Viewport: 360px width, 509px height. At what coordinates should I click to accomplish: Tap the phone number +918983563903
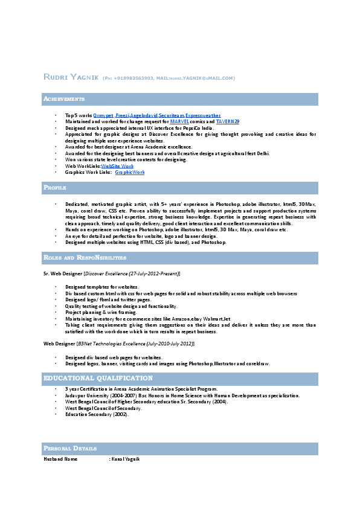132,78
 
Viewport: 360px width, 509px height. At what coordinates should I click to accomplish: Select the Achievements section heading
64,98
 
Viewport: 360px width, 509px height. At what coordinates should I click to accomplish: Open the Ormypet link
103,115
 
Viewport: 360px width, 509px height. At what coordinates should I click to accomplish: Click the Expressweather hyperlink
203,115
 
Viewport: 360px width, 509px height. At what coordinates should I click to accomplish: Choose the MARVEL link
180,121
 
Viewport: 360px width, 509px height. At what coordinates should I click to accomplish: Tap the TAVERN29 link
228,121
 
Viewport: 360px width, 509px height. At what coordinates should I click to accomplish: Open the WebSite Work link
117,165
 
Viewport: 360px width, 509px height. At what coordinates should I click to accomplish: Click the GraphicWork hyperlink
130,172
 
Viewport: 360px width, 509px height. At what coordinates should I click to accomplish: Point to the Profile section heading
55,188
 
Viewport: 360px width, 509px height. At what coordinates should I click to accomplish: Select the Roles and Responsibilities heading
85,257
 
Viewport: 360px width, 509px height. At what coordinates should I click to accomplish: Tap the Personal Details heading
70,448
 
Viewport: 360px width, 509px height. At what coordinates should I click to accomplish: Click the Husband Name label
60,459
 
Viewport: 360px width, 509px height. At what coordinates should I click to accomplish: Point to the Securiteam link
171,115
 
